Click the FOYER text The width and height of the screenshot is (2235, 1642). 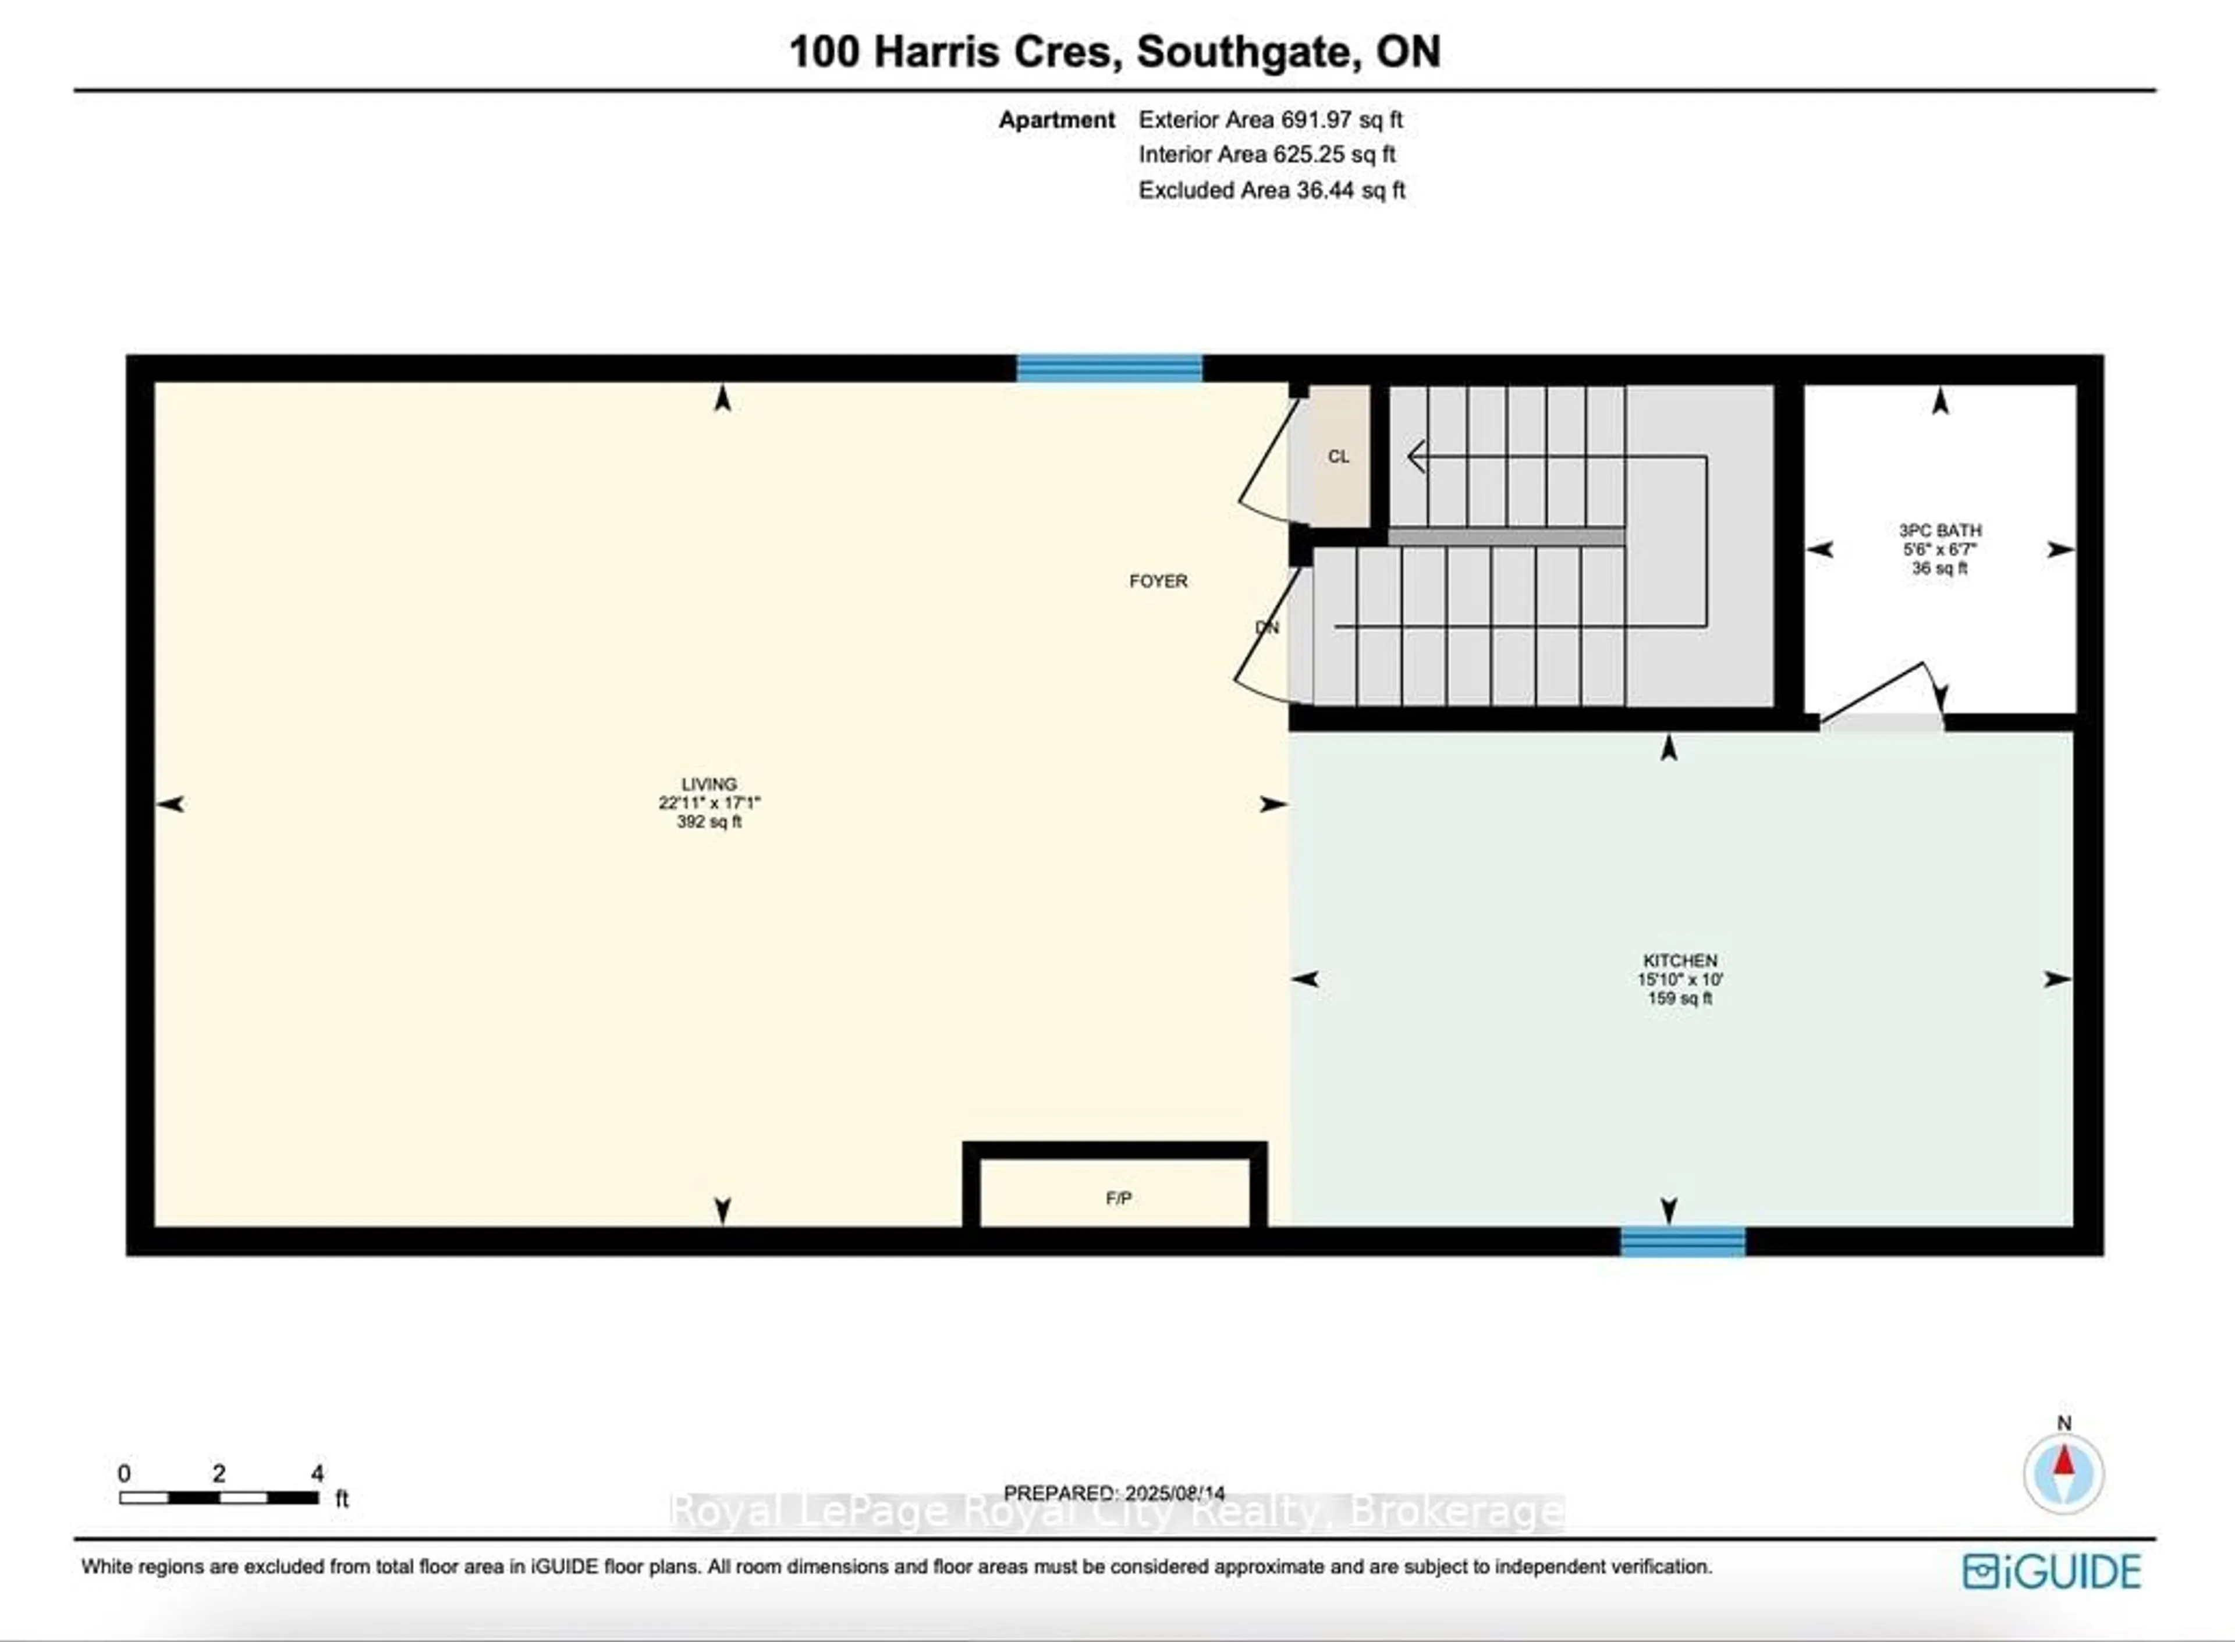coord(1158,581)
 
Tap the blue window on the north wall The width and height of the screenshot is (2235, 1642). coord(1109,369)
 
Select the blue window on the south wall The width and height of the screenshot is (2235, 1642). coord(1682,1242)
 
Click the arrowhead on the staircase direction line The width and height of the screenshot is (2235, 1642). coord(1415,457)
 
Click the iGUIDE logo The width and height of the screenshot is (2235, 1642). coord(2051,1572)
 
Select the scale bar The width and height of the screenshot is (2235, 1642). coord(219,1497)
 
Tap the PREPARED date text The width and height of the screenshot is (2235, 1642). coord(1113,1493)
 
